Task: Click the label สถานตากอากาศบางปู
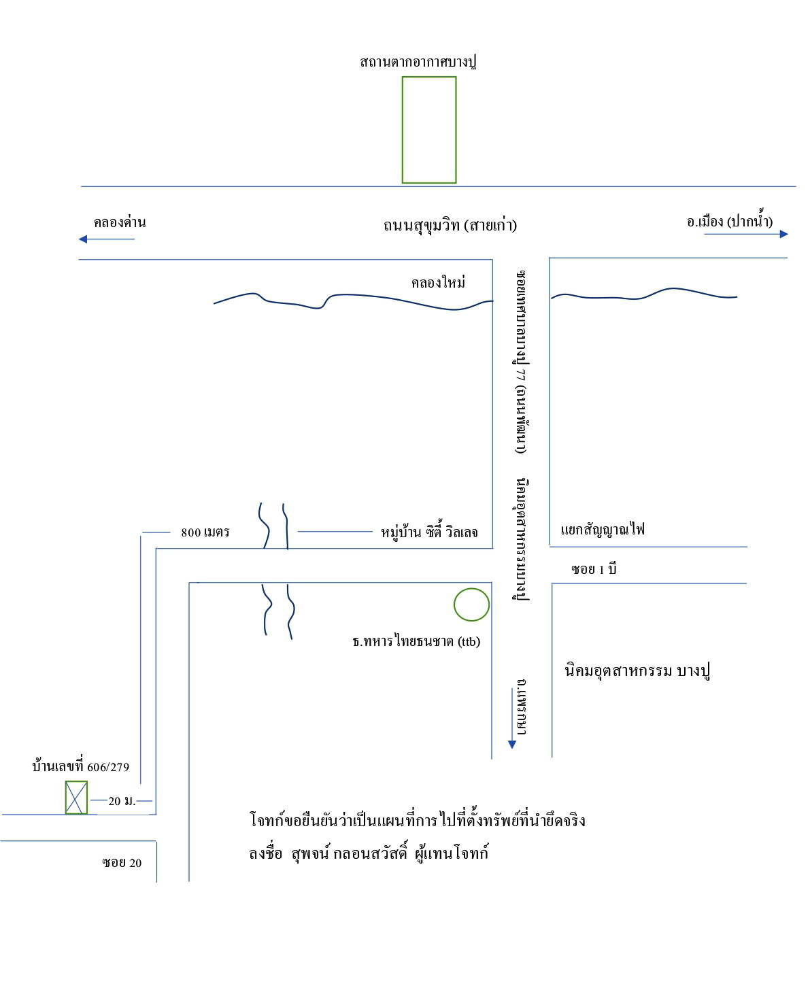418,61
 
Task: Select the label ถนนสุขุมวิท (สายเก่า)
450,225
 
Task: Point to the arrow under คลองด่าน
106,239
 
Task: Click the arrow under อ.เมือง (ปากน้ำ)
746,234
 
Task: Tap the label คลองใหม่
438,282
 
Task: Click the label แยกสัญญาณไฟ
603,530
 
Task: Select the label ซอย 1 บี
594,569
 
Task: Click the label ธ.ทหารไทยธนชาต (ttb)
416,641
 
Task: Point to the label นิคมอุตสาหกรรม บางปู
637,671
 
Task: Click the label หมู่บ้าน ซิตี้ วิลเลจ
429,532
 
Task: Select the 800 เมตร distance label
205,532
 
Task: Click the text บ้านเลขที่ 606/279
80,766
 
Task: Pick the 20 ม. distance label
122,800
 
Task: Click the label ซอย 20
122,862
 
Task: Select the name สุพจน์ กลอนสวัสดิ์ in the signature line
349,853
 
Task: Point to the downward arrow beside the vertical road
511,717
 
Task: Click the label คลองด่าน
120,222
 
